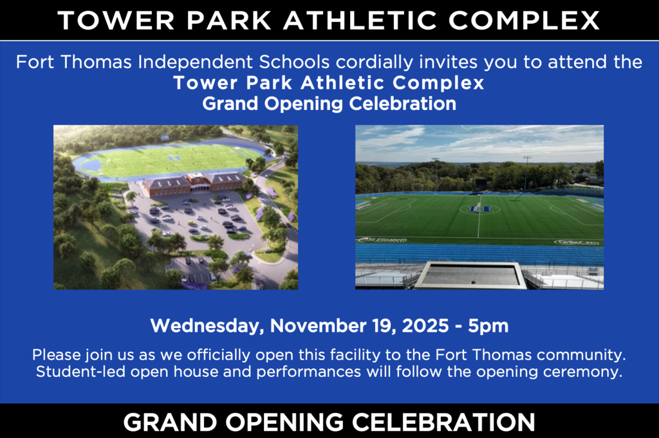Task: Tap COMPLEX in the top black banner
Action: pos(524,20)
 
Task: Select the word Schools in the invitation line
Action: pos(294,62)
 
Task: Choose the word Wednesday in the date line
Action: pos(207,326)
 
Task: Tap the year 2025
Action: pos(425,326)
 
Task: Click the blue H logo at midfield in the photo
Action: pos(479,209)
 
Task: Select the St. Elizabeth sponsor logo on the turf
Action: pos(382,240)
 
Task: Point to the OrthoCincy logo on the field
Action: pos(577,242)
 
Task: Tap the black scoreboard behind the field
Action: pos(482,183)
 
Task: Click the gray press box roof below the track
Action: pos(470,275)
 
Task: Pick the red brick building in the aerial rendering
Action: pos(195,183)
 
